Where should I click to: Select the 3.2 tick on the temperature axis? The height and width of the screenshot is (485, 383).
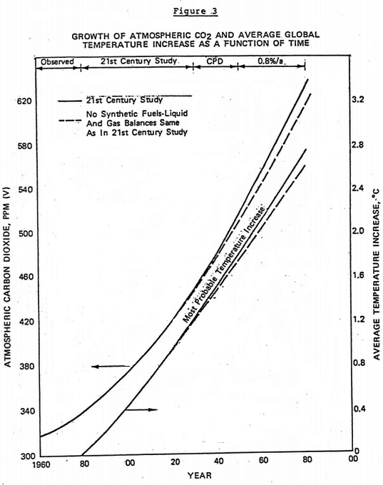pos(359,101)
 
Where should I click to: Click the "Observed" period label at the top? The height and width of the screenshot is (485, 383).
pos(56,63)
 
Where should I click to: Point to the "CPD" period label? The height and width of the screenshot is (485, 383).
pos(216,63)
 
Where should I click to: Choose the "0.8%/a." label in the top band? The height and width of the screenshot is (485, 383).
pos(272,63)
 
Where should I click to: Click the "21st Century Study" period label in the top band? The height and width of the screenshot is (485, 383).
pos(134,63)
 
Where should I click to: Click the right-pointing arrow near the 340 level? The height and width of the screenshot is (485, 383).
pos(141,409)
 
